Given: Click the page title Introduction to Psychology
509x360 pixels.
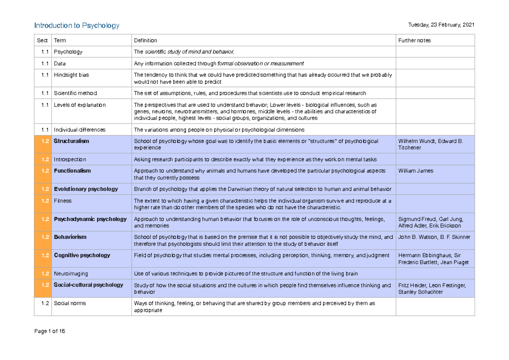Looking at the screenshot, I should pos(77,25).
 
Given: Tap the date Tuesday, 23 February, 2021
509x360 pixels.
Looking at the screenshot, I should pos(440,25).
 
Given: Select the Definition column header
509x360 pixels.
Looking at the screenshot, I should pos(145,40).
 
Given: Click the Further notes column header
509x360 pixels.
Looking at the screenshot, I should pos(414,40).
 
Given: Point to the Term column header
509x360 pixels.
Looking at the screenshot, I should pos(60,40).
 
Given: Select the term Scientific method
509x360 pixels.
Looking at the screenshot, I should pos(75,93).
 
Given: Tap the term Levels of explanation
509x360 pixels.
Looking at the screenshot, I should pos(80,105).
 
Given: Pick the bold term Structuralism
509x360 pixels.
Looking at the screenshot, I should pos(71,141).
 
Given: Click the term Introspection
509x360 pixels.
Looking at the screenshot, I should pos(70,159).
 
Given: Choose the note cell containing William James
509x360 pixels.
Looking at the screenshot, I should pos(416,171).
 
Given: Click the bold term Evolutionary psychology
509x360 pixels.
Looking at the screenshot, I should pos(86,189).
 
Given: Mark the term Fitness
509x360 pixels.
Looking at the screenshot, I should pos(63,201).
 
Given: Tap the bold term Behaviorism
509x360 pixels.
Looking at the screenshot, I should pos(70,237).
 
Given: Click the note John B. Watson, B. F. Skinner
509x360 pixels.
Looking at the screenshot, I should pos(434,237).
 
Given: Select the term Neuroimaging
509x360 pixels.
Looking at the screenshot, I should pos(71,274).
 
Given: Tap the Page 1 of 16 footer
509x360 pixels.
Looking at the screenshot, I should pos(50,332).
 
